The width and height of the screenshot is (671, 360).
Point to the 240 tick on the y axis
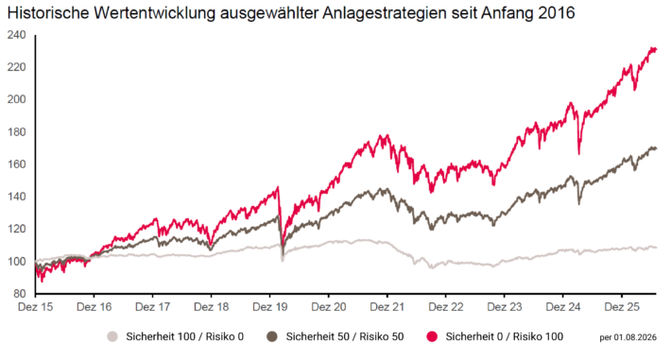pos(17,35)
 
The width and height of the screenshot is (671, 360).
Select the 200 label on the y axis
pos(17,99)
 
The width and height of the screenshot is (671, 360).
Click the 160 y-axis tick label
pos(17,164)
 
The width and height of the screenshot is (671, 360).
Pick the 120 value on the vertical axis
pos(17,229)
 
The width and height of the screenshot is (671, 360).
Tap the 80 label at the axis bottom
pos(19,294)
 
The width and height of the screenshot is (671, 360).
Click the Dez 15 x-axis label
pos(36,307)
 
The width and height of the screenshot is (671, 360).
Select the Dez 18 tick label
pos(212,307)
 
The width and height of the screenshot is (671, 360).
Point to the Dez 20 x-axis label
pos(329,307)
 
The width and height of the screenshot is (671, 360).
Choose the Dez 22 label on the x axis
pos(446,307)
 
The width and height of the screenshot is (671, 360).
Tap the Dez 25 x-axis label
pos(622,307)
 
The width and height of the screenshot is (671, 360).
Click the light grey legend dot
pos(112,336)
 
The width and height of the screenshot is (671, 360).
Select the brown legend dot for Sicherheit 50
pos(272,336)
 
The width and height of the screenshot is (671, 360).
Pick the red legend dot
pos(432,336)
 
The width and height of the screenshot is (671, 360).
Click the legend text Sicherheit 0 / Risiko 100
pos(505,336)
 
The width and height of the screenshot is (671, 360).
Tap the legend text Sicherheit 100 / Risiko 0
pos(185,336)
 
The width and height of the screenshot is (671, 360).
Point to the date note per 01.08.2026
pos(628,337)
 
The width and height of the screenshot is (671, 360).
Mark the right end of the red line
pos(656,50)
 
